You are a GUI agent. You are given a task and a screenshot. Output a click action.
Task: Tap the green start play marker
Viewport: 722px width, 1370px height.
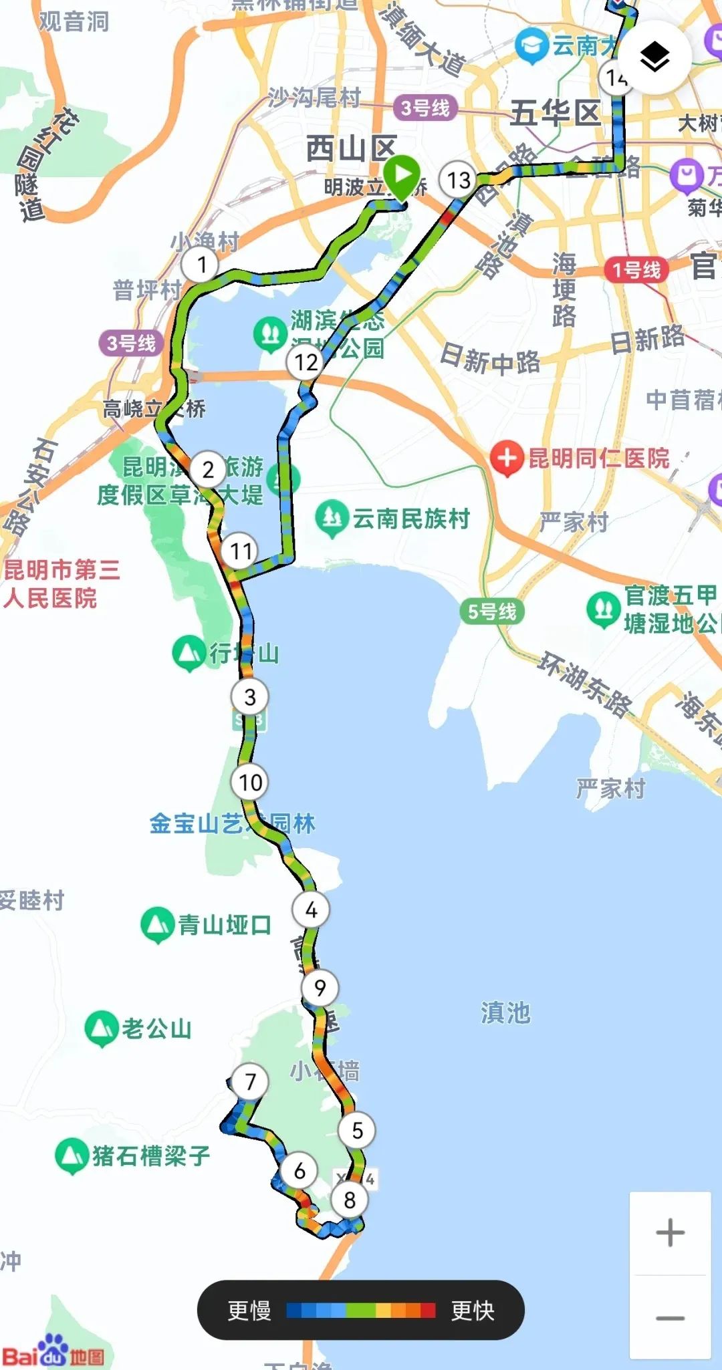(x=401, y=176)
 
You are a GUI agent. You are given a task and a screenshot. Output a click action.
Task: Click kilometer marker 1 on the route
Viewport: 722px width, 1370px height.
(x=202, y=265)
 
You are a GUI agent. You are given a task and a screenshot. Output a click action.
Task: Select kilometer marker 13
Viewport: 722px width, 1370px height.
(x=459, y=180)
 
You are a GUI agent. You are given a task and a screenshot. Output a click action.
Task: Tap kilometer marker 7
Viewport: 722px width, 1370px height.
(x=251, y=1081)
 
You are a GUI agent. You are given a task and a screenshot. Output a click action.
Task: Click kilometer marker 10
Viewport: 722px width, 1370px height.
(x=250, y=782)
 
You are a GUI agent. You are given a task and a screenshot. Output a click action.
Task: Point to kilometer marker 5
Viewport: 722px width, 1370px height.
(x=357, y=1130)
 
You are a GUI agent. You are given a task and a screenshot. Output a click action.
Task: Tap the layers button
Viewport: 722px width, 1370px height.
(x=654, y=57)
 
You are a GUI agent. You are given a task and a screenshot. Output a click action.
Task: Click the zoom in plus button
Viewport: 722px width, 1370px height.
(x=670, y=1232)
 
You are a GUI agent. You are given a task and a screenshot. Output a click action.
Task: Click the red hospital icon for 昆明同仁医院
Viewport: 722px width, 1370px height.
(x=507, y=458)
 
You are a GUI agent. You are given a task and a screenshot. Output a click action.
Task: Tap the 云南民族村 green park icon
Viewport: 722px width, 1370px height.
(x=332, y=519)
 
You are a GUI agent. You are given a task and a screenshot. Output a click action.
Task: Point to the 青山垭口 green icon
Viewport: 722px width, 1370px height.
(x=157, y=924)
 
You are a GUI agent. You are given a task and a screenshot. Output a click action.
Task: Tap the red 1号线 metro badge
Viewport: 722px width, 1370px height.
(x=636, y=270)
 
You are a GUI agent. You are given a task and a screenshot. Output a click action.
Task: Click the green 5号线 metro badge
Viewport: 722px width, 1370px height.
(x=492, y=611)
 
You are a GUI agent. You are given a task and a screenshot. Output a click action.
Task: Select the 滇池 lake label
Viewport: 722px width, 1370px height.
(x=505, y=1013)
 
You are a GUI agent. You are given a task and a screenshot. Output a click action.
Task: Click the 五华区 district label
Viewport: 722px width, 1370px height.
(x=555, y=113)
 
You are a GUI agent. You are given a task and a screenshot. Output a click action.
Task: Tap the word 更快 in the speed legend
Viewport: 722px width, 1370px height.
(x=473, y=1311)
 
